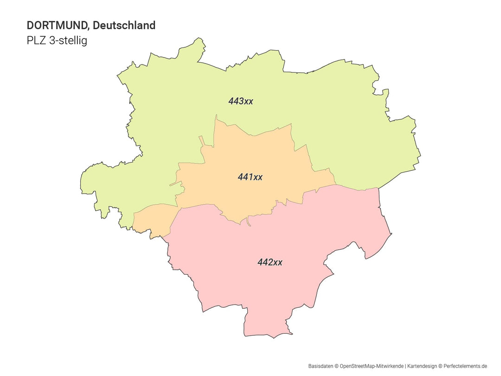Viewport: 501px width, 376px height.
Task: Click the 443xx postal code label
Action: (240, 101)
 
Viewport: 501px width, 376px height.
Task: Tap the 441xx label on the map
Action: (250, 177)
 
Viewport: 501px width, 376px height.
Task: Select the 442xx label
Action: (270, 262)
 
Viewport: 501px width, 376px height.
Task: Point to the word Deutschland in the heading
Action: (124, 26)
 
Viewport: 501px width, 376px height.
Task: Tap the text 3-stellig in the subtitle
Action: (68, 41)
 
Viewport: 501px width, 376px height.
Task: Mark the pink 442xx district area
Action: (260, 288)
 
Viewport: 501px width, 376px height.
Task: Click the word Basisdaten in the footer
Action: (321, 366)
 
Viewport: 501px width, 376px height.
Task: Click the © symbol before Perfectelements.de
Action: (441, 366)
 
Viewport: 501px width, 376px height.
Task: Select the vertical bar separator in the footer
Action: (405, 366)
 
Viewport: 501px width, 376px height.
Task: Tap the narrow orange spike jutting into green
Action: (201, 141)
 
